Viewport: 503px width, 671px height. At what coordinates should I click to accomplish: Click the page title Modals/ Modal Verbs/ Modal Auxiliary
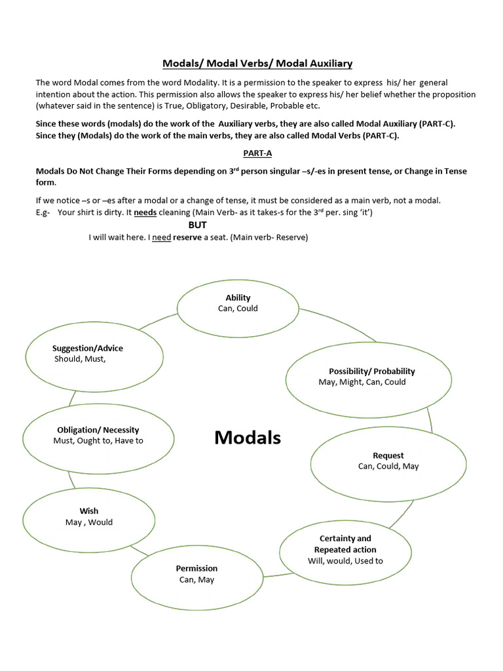[x=257, y=64]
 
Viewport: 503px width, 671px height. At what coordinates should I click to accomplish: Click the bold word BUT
[x=198, y=225]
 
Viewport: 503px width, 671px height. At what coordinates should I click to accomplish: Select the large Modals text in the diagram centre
[x=248, y=438]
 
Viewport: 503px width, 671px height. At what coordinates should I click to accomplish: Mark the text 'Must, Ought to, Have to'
[x=98, y=441]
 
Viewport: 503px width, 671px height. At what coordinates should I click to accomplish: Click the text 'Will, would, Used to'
[x=345, y=561]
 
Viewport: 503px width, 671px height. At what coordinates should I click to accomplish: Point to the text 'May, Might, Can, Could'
[x=362, y=382]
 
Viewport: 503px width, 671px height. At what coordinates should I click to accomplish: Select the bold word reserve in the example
[x=187, y=237]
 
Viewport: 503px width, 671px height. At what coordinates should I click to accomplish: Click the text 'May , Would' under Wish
[x=89, y=522]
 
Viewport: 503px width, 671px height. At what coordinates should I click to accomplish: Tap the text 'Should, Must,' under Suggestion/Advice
[x=80, y=359]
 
